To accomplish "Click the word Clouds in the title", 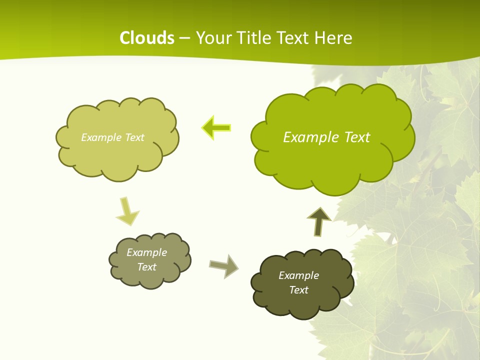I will [x=147, y=37].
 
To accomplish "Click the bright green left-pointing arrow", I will [x=216, y=128].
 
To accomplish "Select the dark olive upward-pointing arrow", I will [x=319, y=221].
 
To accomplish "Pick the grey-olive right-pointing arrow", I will [x=224, y=265].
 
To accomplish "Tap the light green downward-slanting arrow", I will [x=127, y=211].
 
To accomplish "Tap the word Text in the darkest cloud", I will [x=299, y=290].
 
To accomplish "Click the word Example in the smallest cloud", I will [x=147, y=252].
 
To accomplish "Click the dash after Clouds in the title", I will [x=184, y=38].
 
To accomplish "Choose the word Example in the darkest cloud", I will [x=299, y=275].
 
